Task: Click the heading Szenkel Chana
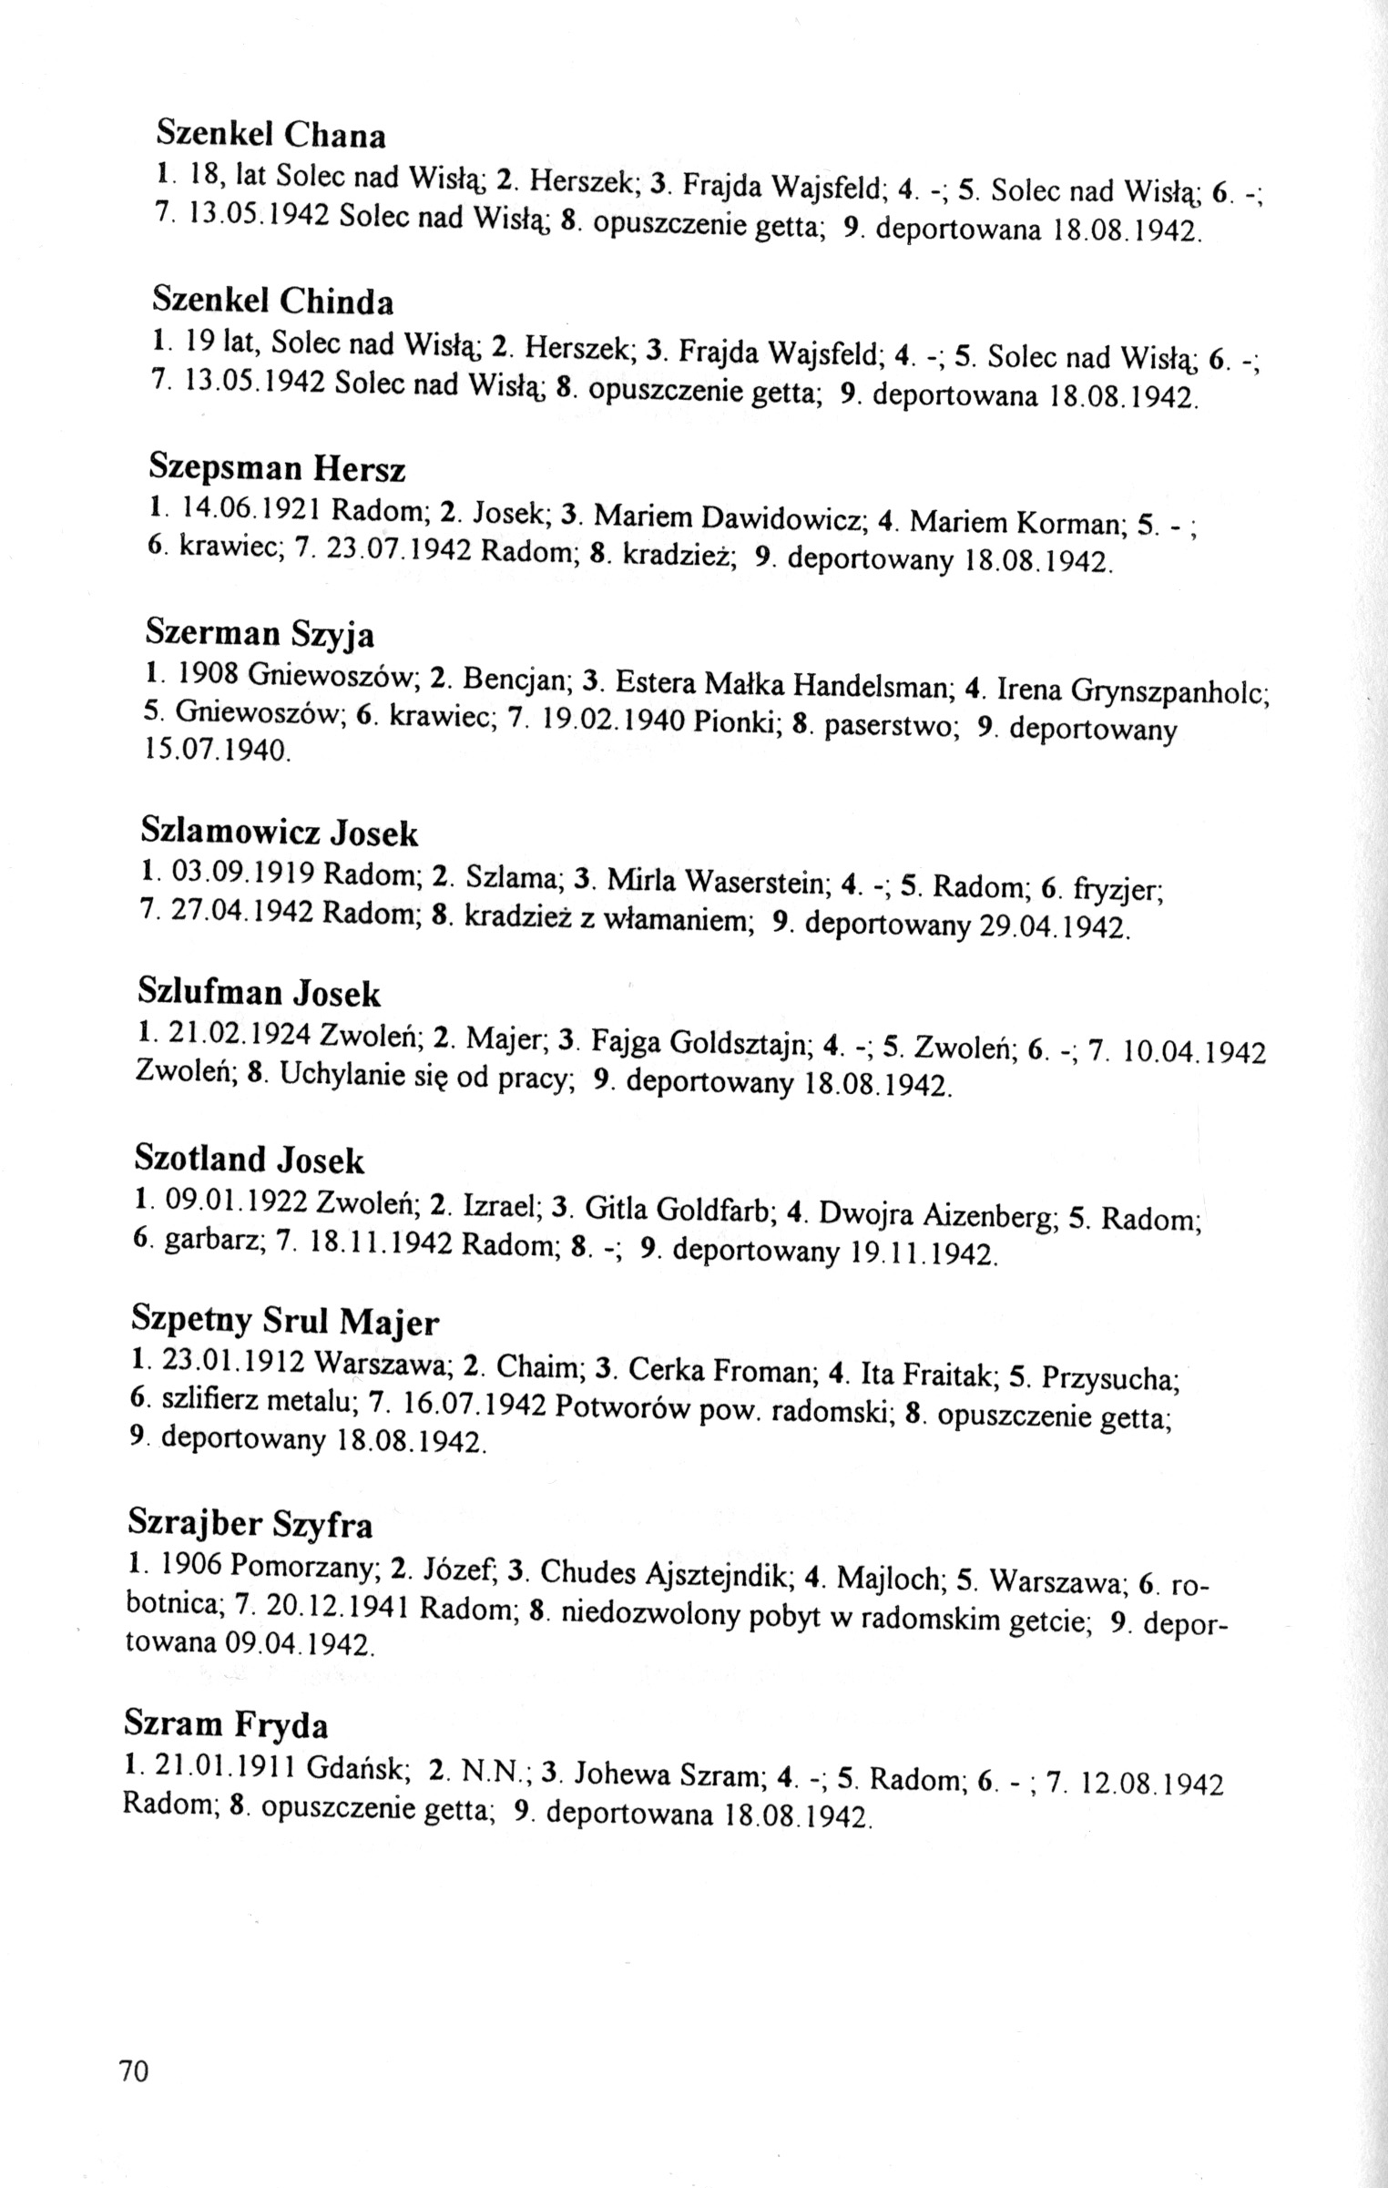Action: pos(270,134)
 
